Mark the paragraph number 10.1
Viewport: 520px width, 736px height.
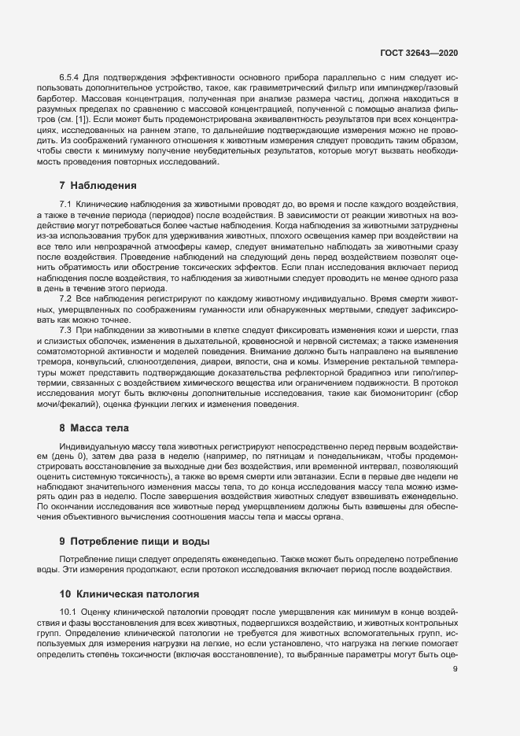point(68,612)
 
